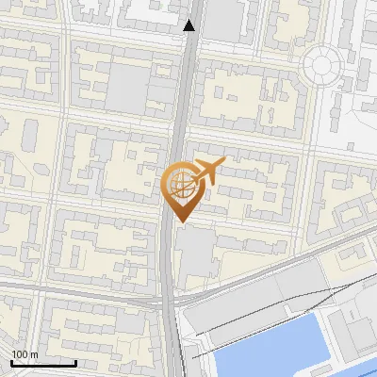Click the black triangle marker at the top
(x=189, y=25)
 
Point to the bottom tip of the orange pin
(x=179, y=222)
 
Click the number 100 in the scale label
(x=20, y=354)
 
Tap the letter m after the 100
(x=34, y=354)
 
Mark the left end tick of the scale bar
(x=11, y=362)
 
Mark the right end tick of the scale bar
(x=75, y=362)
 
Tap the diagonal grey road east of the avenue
(x=283, y=264)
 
